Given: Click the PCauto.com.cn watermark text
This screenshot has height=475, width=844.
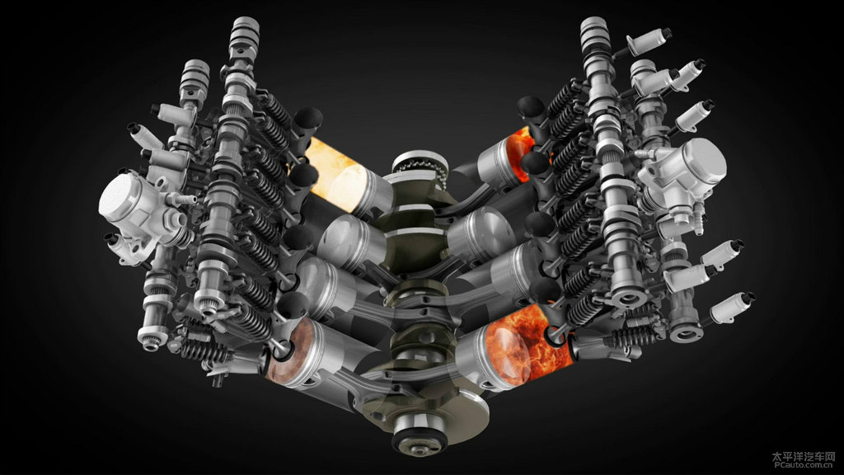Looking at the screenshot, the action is pos(804,464).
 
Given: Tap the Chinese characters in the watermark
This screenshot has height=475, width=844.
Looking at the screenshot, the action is pos(804,455).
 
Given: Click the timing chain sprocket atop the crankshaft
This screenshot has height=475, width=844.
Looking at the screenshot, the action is pos(420,167).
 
